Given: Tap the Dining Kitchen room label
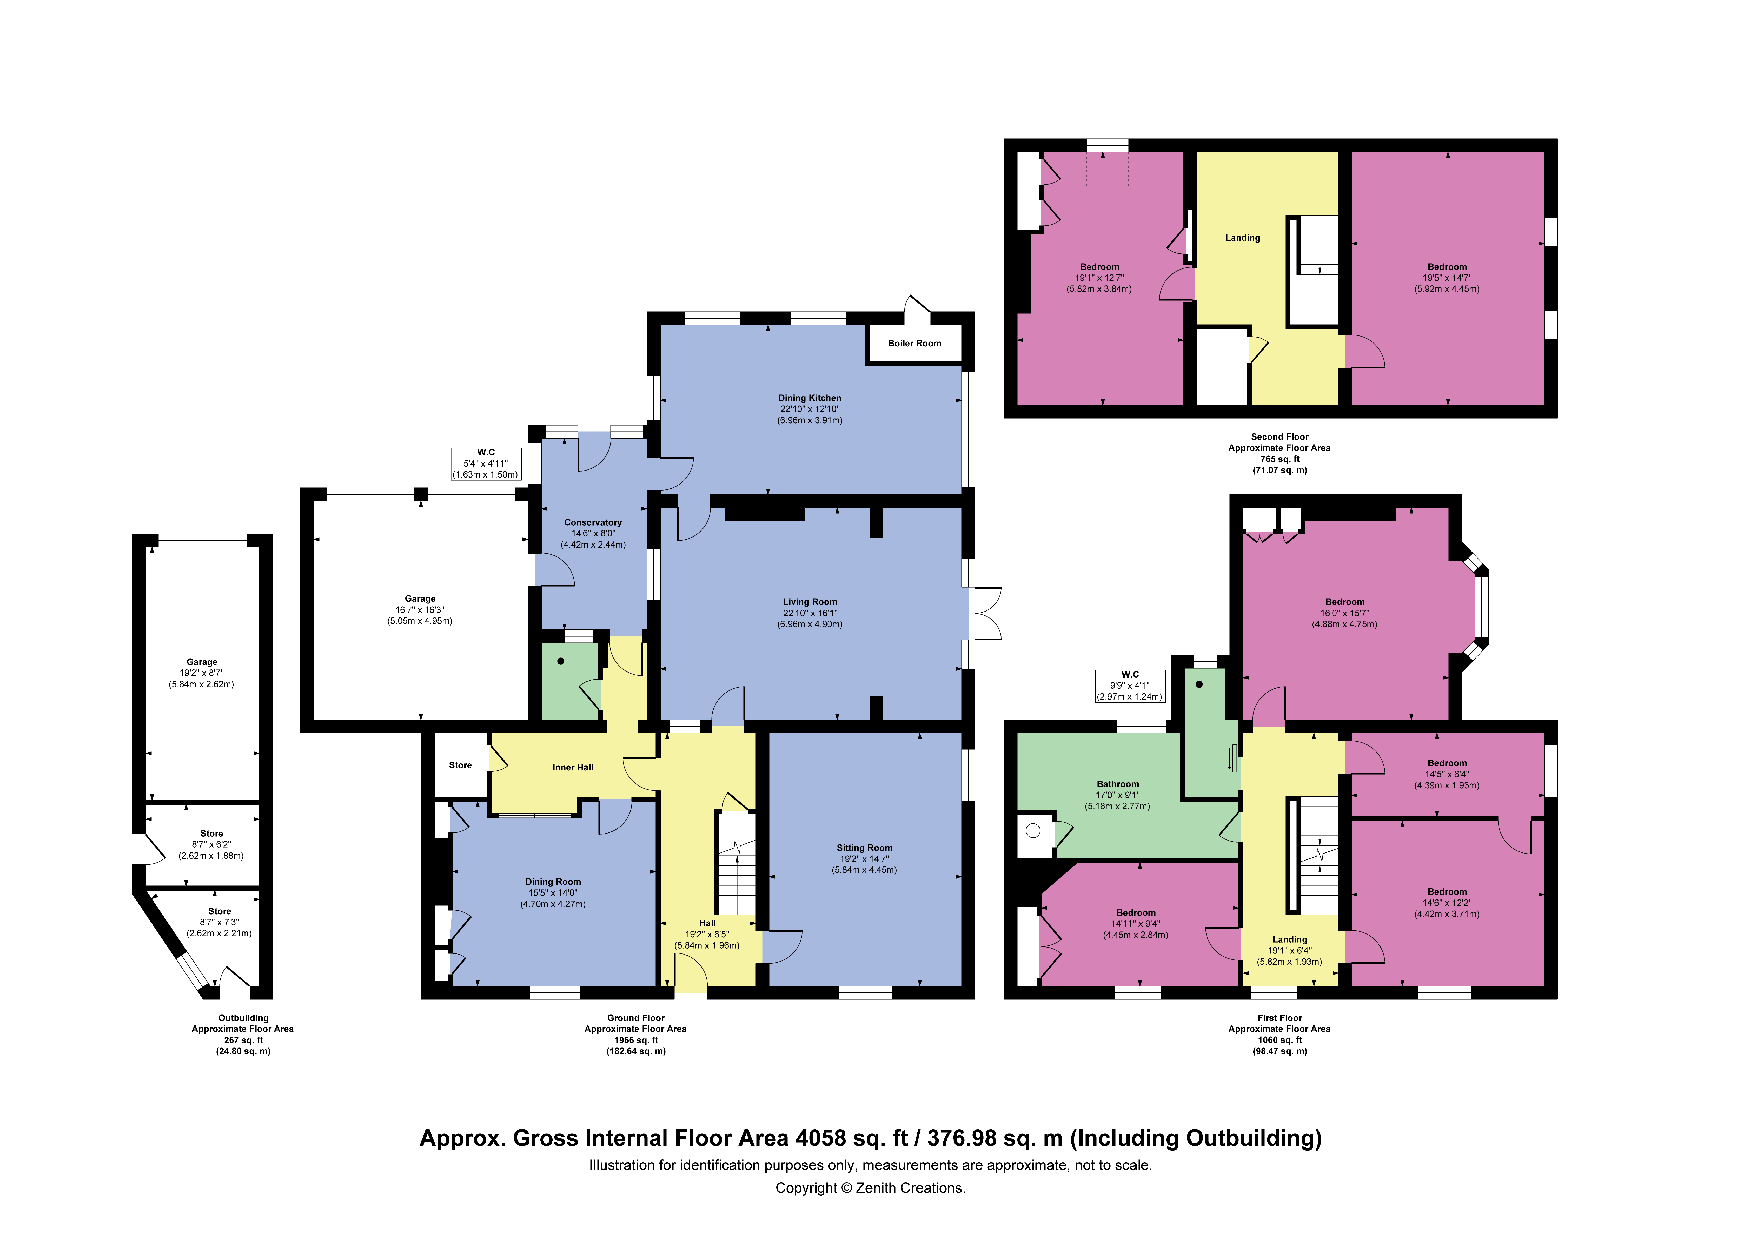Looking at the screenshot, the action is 810,398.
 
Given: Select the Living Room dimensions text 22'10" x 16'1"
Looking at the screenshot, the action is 810,613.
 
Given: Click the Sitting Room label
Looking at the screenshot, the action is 864,847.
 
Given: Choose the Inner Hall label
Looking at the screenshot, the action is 573,767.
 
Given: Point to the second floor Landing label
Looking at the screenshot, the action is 1242,238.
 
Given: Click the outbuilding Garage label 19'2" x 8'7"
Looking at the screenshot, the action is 202,662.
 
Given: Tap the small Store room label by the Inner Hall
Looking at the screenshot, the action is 460,765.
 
